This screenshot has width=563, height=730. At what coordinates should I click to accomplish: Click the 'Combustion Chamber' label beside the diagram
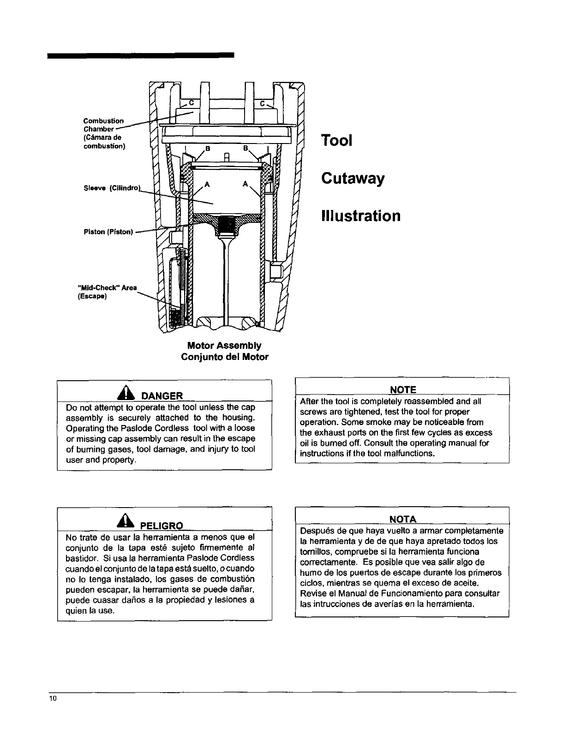[103, 125]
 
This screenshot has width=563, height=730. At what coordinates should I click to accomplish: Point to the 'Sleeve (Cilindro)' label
[108, 188]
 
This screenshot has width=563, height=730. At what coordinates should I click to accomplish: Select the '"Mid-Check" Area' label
[107, 288]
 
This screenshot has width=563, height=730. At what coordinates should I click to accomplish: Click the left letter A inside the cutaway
[207, 185]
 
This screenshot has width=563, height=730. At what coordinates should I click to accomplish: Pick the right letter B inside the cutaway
[246, 148]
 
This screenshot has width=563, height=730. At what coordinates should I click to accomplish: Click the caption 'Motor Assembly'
[224, 346]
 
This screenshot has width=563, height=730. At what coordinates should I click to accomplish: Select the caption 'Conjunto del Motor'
[225, 357]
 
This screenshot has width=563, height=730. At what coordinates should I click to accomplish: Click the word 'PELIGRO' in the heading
[161, 526]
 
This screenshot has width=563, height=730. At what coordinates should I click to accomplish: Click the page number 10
[53, 698]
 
